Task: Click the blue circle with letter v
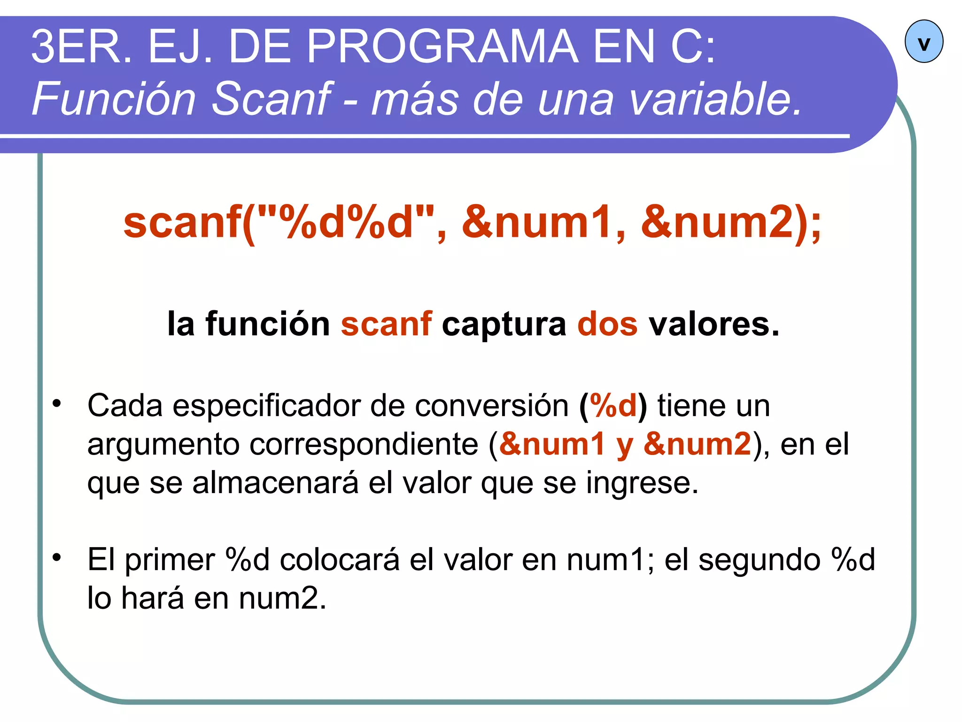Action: tap(923, 41)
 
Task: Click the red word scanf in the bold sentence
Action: tap(386, 324)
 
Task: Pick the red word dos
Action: tap(607, 324)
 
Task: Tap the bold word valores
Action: tap(714, 324)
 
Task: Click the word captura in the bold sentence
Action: tap(504, 324)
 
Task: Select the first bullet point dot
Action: tap(57, 403)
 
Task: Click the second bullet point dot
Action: tap(57, 557)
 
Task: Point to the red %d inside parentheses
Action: tap(613, 406)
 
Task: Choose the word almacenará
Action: tap(275, 483)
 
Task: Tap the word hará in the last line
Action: tap(152, 598)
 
